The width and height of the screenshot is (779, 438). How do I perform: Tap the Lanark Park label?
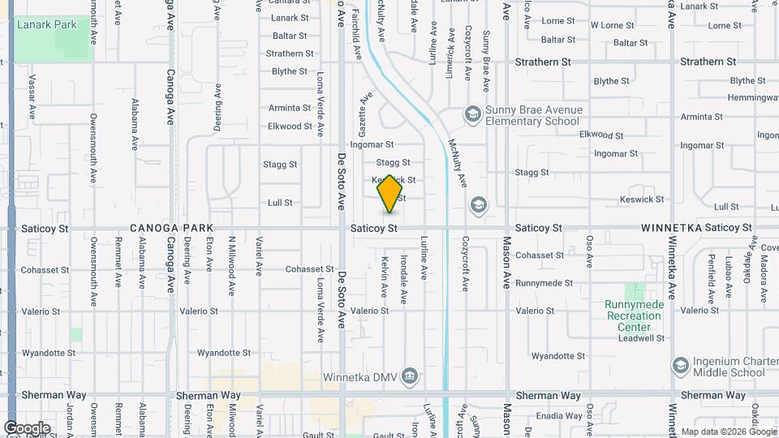click(x=47, y=24)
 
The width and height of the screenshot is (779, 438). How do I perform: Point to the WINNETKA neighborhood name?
click(x=671, y=229)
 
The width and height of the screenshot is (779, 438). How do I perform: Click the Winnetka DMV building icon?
click(x=411, y=376)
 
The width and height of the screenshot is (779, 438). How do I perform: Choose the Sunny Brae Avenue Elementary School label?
click(x=532, y=115)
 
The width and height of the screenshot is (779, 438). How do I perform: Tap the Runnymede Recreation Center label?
click(x=635, y=316)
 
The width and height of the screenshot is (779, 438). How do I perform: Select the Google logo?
click(x=27, y=427)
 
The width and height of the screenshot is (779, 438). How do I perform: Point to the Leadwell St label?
click(x=639, y=338)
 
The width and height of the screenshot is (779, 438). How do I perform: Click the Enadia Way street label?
click(x=560, y=415)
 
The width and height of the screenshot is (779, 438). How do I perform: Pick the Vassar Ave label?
click(x=32, y=97)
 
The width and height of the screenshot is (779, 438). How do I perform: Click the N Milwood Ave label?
click(x=231, y=265)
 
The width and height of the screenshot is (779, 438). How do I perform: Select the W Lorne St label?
click(x=612, y=25)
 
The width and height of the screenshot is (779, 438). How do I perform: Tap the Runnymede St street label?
click(x=544, y=283)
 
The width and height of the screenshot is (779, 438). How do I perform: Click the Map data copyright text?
click(x=728, y=432)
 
